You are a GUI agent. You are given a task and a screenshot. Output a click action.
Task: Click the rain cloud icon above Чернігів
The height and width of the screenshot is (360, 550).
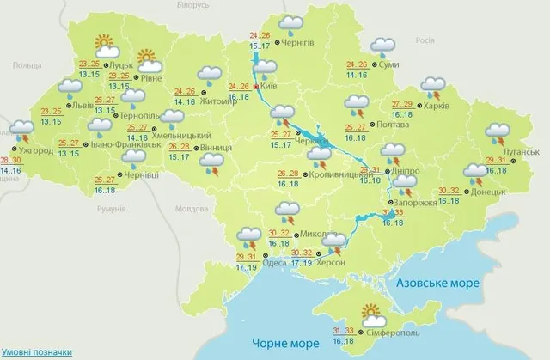coord(293,25)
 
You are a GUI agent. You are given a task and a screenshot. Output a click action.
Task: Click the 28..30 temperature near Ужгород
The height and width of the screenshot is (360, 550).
coord(12,161)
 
